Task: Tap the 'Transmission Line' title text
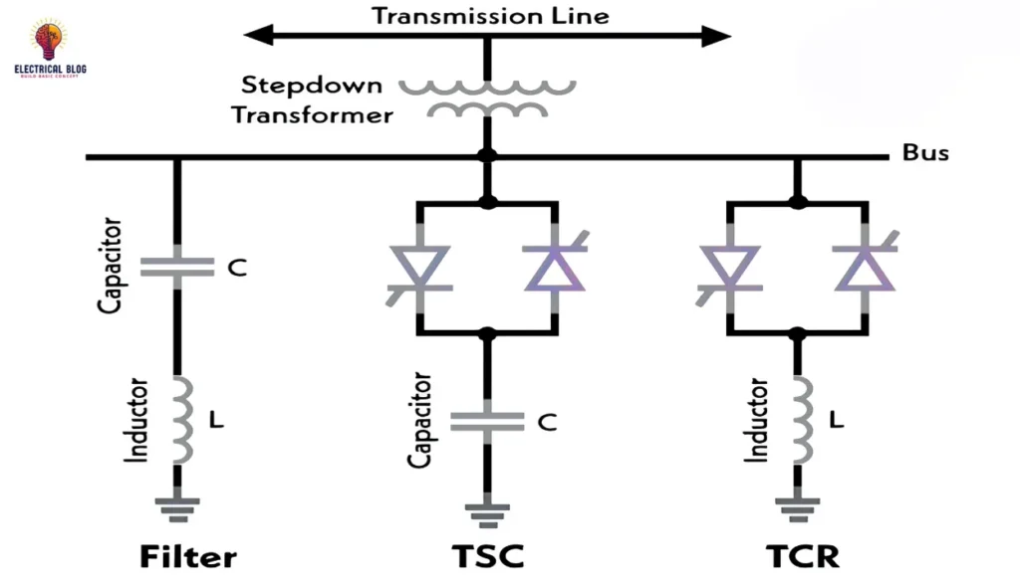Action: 490,16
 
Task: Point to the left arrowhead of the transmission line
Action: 258,37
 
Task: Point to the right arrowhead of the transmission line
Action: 717,37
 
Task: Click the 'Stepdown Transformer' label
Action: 313,99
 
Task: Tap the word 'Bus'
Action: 925,153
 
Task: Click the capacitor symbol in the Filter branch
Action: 177,266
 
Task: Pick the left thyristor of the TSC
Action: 419,269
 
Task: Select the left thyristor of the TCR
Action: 729,269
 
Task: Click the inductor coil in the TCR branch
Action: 797,419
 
